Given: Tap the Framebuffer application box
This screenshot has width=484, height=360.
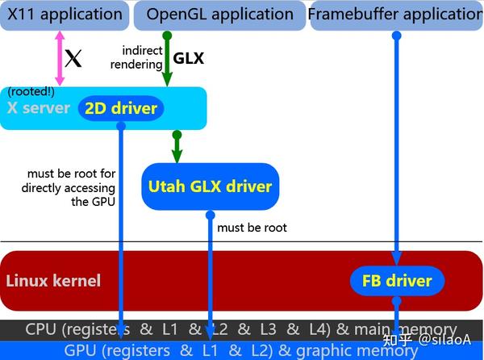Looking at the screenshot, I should click(x=397, y=15).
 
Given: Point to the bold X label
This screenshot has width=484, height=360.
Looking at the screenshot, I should click(x=73, y=60).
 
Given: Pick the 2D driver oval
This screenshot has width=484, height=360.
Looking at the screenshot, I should click(x=121, y=108).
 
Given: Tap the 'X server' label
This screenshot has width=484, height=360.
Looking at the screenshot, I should click(x=38, y=109).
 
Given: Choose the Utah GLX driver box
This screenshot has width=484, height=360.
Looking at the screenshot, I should click(x=210, y=186).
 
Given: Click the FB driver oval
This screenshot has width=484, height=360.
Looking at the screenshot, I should click(x=396, y=281).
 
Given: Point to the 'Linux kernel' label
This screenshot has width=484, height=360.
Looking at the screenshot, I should click(x=53, y=281).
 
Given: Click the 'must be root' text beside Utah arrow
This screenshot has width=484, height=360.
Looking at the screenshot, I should click(x=252, y=228).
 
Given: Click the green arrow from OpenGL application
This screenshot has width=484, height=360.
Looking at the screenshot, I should click(x=167, y=61).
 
